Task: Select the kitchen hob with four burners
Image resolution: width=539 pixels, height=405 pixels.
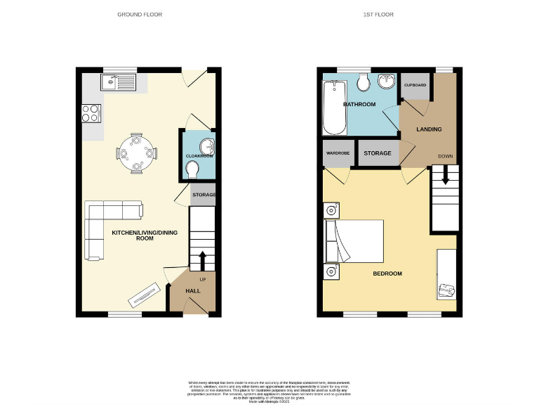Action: pos(92,113)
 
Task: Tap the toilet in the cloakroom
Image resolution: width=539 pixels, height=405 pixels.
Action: pos(193,169)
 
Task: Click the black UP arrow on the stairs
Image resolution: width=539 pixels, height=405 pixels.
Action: pos(204,259)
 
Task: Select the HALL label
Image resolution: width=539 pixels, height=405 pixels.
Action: pos(192,290)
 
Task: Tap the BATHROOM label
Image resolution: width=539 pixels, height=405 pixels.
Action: pos(359,105)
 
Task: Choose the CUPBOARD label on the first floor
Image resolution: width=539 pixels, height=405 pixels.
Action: pos(415,85)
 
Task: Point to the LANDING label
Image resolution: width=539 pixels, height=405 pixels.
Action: pos(429,129)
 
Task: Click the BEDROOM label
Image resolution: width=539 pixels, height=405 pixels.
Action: pos(387,274)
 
